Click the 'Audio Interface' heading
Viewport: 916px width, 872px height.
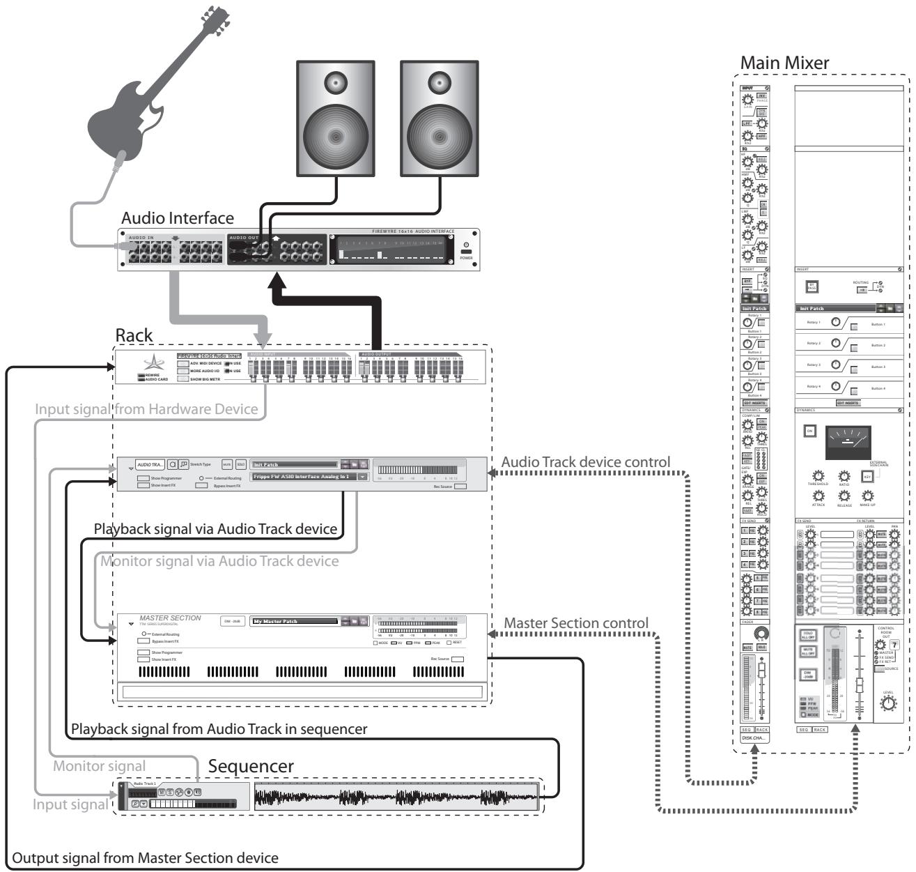pos(178,218)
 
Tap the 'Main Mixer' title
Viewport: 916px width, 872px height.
pos(784,63)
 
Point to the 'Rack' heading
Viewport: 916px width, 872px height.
pos(134,335)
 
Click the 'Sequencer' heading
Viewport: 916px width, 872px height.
pos(251,766)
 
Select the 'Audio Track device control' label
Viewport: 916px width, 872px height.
pos(586,462)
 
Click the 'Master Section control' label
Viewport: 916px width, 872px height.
pos(576,623)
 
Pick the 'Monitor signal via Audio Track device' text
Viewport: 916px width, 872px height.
pos(219,561)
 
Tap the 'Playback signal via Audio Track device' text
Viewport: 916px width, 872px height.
pos(216,530)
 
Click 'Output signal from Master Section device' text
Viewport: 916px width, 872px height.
pos(146,857)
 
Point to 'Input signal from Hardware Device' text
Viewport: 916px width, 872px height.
pos(146,409)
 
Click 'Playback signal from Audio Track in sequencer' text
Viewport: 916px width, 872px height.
pos(219,729)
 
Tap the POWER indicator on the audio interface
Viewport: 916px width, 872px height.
pos(466,252)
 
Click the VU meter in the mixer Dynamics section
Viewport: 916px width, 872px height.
pos(847,443)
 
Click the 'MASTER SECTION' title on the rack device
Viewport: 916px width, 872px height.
pos(170,618)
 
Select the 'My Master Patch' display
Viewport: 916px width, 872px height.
pos(294,621)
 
